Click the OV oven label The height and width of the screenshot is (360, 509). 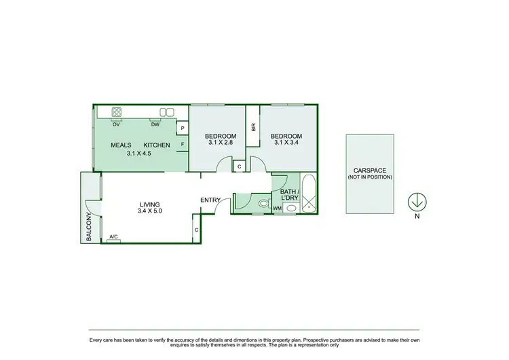click(116, 124)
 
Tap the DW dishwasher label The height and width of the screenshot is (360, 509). click(155, 124)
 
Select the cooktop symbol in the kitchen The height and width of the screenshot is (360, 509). click(116, 112)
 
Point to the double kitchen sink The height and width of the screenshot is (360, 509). click(166, 112)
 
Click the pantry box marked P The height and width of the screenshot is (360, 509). click(182, 128)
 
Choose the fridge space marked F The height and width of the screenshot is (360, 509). click(182, 144)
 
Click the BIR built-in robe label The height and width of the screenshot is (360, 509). click(252, 126)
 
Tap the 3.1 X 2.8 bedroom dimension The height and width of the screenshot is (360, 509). click(221, 143)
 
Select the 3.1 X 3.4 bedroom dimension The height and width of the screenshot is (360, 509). click(288, 143)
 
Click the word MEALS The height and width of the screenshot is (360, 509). click(121, 145)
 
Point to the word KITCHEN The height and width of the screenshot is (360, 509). click(156, 145)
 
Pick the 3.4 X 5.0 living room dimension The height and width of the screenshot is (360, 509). click(149, 211)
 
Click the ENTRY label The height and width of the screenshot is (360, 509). click(210, 200)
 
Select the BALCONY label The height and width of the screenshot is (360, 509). click(89, 226)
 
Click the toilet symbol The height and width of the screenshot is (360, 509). click(262, 202)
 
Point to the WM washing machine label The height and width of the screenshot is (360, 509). click(277, 209)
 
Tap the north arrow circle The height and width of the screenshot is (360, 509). click(417, 202)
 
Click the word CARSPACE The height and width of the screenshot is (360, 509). click(369, 170)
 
